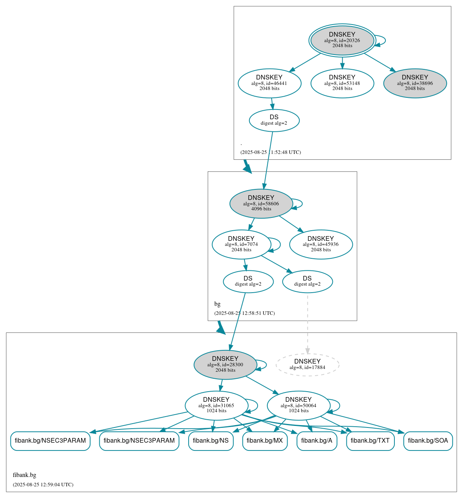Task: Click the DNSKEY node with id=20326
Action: click(x=342, y=40)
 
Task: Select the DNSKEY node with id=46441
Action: click(x=269, y=83)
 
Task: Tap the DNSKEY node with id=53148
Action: click(x=342, y=83)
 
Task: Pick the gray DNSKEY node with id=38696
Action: click(x=415, y=83)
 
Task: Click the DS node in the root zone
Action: click(x=274, y=120)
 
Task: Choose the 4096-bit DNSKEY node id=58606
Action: click(x=261, y=203)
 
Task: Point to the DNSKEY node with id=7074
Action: click(x=241, y=244)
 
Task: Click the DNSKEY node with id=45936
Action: click(x=321, y=244)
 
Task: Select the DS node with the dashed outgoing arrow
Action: click(x=307, y=281)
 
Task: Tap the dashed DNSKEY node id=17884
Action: click(x=307, y=365)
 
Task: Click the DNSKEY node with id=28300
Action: click(x=225, y=365)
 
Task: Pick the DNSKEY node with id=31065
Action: click(x=216, y=406)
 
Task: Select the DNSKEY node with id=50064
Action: click(x=299, y=406)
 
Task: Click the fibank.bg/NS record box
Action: click(x=211, y=441)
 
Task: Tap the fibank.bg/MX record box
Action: click(x=265, y=441)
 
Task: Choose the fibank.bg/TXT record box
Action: click(x=370, y=441)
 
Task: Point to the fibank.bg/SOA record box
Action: click(x=428, y=441)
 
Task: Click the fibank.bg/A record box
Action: click(x=316, y=441)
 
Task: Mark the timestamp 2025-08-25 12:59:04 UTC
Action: click(x=43, y=485)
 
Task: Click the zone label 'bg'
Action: click(x=217, y=304)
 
